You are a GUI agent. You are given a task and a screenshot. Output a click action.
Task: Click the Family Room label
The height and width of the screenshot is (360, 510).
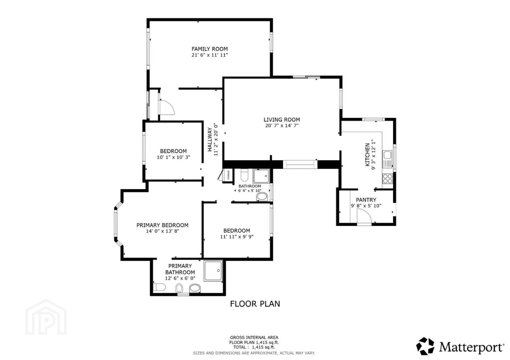point(209,49)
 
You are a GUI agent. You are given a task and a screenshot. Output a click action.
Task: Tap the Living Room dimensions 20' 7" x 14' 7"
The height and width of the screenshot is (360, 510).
point(282,125)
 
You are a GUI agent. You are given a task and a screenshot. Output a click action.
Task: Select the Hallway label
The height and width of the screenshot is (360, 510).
point(210,139)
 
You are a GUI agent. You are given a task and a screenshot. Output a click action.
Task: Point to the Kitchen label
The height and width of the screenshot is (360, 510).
point(367,155)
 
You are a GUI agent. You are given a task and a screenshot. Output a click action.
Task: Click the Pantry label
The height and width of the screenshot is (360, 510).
point(366,200)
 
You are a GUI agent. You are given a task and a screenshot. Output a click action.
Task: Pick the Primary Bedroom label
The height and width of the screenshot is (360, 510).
point(162,225)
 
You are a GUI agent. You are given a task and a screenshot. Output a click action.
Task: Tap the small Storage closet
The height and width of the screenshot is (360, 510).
point(228,175)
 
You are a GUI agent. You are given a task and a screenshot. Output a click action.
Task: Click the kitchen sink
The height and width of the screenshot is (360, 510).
point(387,159)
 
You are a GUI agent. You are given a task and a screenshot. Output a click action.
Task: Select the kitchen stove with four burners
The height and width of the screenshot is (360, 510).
point(387,178)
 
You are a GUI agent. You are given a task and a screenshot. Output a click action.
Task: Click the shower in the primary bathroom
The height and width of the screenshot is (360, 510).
point(213,271)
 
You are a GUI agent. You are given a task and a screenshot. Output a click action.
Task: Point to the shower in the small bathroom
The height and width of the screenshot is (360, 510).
point(261,176)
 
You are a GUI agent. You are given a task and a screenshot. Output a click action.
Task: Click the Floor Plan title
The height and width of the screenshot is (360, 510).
point(255,304)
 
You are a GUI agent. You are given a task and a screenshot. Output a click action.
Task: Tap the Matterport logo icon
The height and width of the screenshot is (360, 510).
point(425,346)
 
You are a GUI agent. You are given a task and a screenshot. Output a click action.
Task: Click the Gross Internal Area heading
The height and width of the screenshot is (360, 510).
point(254,337)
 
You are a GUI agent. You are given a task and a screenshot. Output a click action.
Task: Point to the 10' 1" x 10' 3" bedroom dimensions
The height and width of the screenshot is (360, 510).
point(173,157)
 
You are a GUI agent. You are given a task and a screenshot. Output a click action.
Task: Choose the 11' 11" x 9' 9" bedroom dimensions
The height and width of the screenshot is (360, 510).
point(237,237)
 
